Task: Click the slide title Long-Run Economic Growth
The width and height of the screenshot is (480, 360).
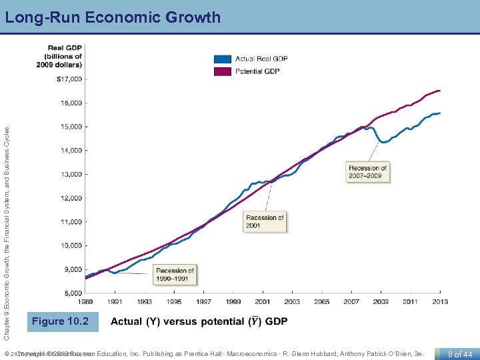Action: (x=113, y=17)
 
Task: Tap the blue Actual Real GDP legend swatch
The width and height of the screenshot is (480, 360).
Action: (x=223, y=59)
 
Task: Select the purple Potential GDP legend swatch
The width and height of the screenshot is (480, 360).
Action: (x=223, y=71)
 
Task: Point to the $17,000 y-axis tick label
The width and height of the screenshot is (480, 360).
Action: (x=69, y=79)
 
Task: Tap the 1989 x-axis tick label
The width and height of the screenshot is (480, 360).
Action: (x=85, y=302)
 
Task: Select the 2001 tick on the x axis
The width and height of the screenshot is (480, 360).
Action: (x=263, y=302)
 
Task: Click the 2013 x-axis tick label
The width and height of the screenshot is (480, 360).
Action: (x=440, y=302)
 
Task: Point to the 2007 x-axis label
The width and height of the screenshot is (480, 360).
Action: (x=351, y=302)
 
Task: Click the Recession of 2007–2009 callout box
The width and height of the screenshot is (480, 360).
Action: (x=367, y=172)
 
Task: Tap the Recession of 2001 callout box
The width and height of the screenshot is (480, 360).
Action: (x=265, y=221)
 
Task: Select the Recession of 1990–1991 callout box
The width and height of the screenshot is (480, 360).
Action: (x=175, y=274)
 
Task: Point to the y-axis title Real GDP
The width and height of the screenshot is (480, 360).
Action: (x=64, y=56)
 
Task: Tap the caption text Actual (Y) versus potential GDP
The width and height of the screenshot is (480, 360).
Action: (x=199, y=321)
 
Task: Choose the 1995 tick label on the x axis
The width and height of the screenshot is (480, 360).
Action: (x=173, y=302)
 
